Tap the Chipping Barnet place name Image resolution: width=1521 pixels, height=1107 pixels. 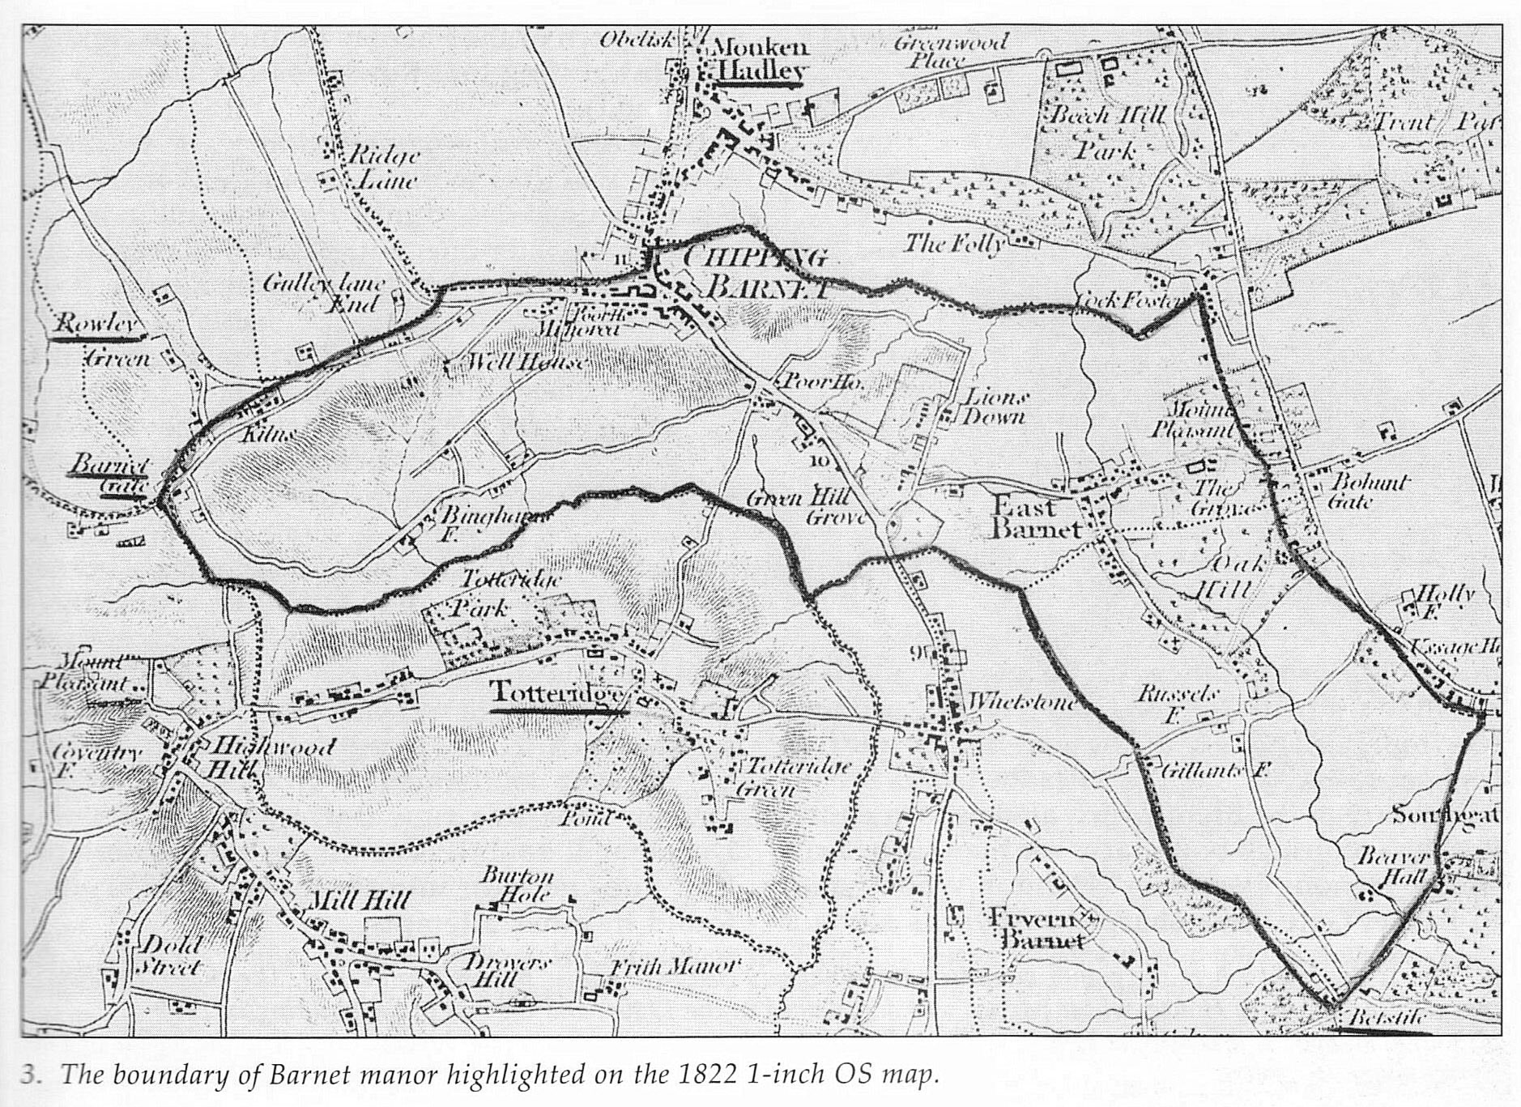pyautogui.click(x=755, y=273)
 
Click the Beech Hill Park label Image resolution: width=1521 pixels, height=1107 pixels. pyautogui.click(x=1107, y=132)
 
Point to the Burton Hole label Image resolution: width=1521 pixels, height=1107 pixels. pyautogui.click(x=517, y=885)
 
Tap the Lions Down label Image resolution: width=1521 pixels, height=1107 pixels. pyautogui.click(x=994, y=407)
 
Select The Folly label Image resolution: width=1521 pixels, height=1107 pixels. pyautogui.click(x=953, y=243)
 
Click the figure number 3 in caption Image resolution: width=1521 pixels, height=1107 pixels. pyautogui.click(x=30, y=1075)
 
